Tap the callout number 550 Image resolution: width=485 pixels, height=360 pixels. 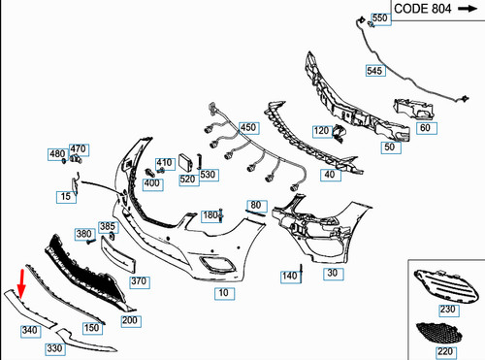(379, 19)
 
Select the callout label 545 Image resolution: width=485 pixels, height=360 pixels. (374, 71)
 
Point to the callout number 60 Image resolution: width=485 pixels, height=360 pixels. (424, 128)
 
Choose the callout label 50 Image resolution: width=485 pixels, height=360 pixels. (389, 147)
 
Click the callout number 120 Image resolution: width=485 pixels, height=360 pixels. (321, 131)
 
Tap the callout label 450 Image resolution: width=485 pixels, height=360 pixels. (249, 128)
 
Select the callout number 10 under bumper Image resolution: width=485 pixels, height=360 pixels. (223, 292)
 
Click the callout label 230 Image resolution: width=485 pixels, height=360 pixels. (446, 311)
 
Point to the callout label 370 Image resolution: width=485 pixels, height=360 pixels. (139, 281)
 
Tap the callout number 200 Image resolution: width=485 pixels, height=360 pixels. (130, 319)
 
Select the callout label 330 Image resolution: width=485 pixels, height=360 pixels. (54, 348)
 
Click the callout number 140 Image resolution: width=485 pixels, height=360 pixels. (289, 277)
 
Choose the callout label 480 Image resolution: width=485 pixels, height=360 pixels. (57, 155)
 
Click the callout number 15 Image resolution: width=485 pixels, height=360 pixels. (65, 197)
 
